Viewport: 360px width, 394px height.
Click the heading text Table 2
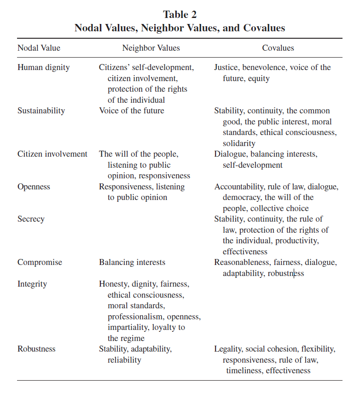pyautogui.click(x=180, y=14)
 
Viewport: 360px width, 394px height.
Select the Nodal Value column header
pyautogui.click(x=39, y=48)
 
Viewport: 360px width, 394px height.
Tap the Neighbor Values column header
pyautogui.click(x=151, y=48)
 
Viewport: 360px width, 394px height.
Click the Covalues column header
pyautogui.click(x=278, y=48)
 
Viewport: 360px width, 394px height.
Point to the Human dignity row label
pyautogui.click(x=44, y=67)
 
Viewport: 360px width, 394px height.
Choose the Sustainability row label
pyautogui.click(x=41, y=111)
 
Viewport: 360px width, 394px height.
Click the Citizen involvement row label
pyautogui.click(x=52, y=154)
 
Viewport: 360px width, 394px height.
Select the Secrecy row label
pyautogui.click(x=31, y=219)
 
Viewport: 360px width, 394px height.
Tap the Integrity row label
pyautogui.click(x=33, y=284)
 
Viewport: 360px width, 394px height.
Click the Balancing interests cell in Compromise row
pyautogui.click(x=132, y=262)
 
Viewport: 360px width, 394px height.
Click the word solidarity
pyautogui.click(x=239, y=143)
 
